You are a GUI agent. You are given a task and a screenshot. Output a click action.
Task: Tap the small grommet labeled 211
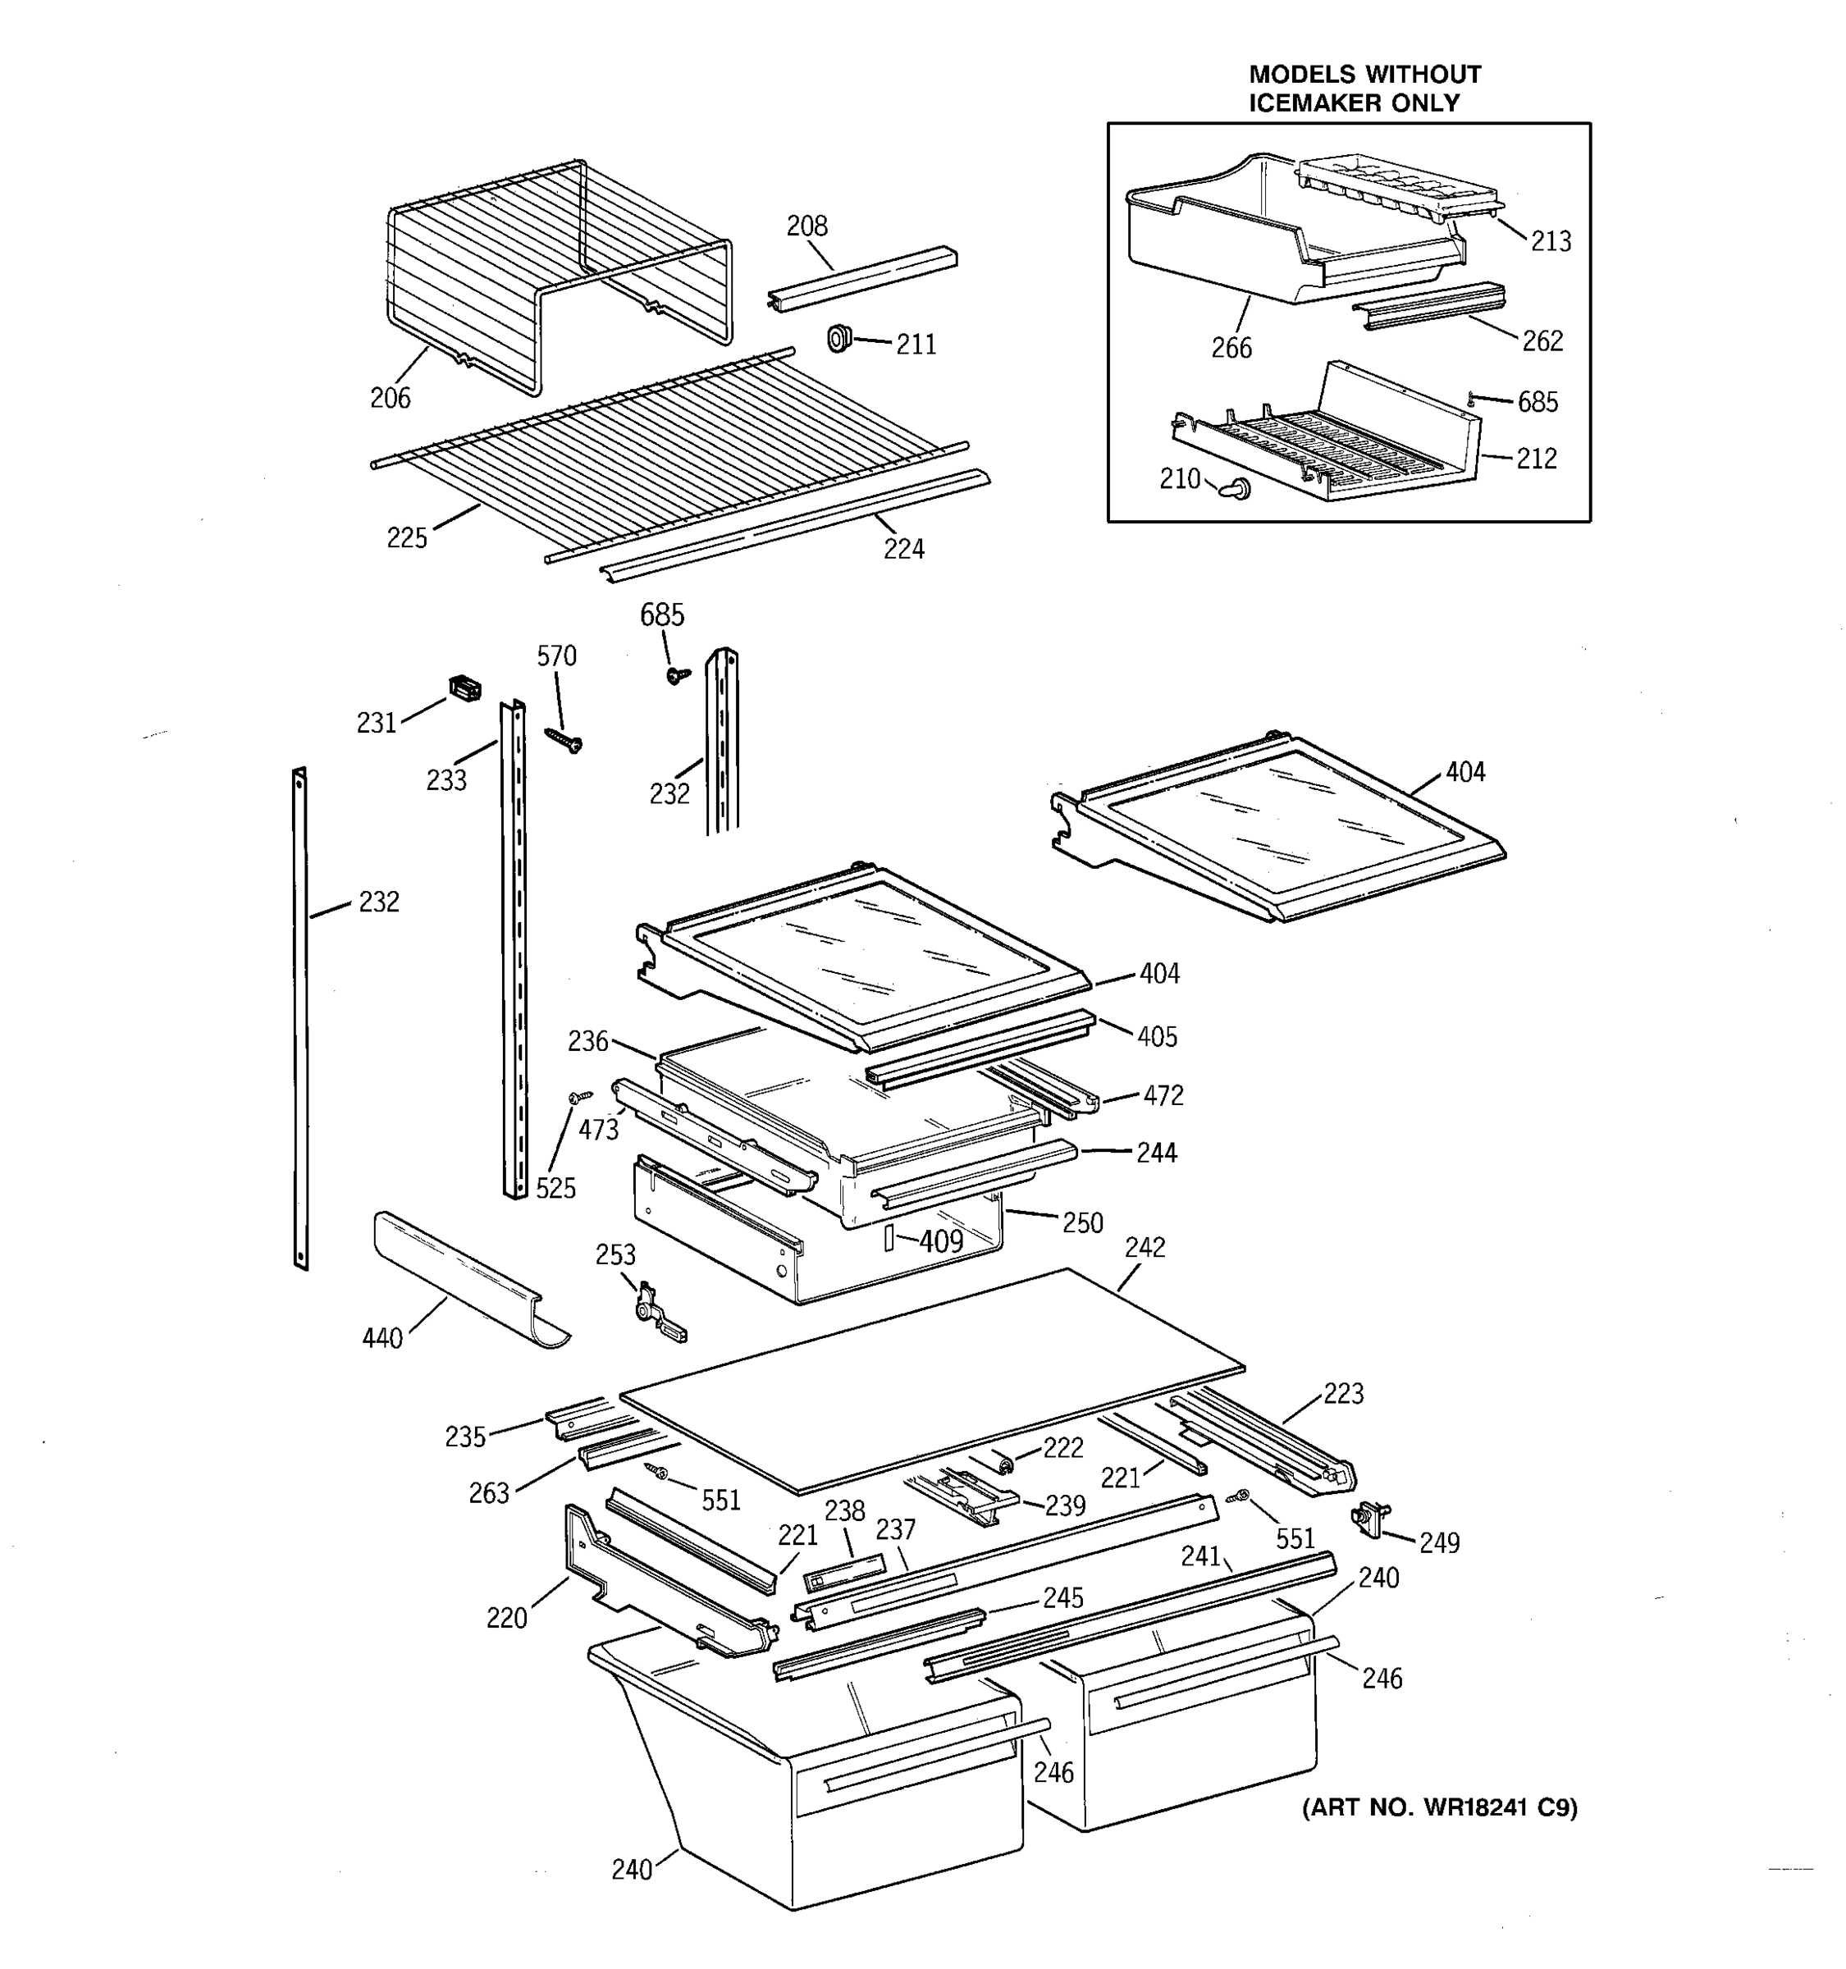[840, 338]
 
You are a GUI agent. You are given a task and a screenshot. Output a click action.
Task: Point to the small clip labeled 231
[464, 688]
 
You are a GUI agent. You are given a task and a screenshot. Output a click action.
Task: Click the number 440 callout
[382, 1338]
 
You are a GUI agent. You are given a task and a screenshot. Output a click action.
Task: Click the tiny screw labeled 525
[579, 1096]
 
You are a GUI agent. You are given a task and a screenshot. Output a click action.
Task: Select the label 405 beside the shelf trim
[1156, 1037]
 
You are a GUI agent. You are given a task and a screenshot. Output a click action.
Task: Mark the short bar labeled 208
[861, 277]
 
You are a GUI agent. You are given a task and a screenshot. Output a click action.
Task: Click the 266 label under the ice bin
[1231, 348]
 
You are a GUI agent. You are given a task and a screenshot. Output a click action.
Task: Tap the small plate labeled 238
[843, 1572]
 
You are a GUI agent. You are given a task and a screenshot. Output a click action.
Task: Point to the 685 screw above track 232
[678, 675]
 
